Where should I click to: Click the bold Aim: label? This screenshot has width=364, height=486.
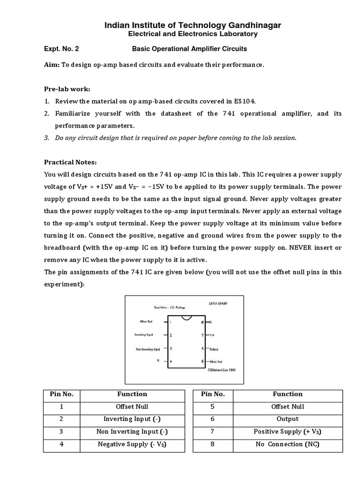(52, 65)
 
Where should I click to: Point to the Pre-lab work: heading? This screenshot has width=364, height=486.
(67, 89)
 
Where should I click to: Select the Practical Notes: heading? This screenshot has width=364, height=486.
(70, 162)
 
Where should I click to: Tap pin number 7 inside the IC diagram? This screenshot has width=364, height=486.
(202, 335)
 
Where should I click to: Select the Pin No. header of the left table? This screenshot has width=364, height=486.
(62, 394)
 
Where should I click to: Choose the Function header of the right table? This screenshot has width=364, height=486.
(287, 394)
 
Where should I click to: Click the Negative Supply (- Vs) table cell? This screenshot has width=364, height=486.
(132, 444)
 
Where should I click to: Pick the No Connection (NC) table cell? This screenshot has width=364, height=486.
(287, 444)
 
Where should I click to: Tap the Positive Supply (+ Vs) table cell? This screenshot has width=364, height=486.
(287, 431)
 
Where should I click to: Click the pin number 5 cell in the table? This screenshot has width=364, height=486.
(212, 407)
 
